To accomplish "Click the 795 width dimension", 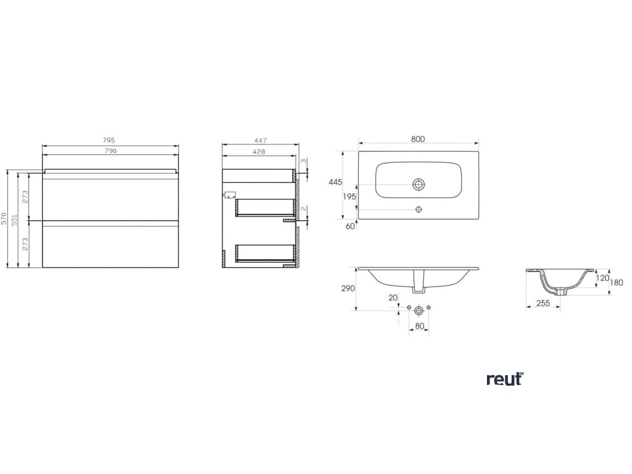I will (109, 141).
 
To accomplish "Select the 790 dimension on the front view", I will (109, 151).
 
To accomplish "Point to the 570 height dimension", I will (4, 218).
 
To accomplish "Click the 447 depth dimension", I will (259, 141).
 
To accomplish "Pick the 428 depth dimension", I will (259, 151).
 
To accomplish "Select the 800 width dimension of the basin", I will (418, 140).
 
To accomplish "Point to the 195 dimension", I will (349, 196).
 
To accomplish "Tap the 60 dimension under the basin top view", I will (351, 226).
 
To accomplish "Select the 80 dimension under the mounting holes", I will (419, 326).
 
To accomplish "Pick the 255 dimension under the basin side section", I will (543, 303).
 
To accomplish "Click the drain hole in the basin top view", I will (419, 184).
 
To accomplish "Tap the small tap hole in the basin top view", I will (419, 209).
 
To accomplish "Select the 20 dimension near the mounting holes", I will (393, 297).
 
